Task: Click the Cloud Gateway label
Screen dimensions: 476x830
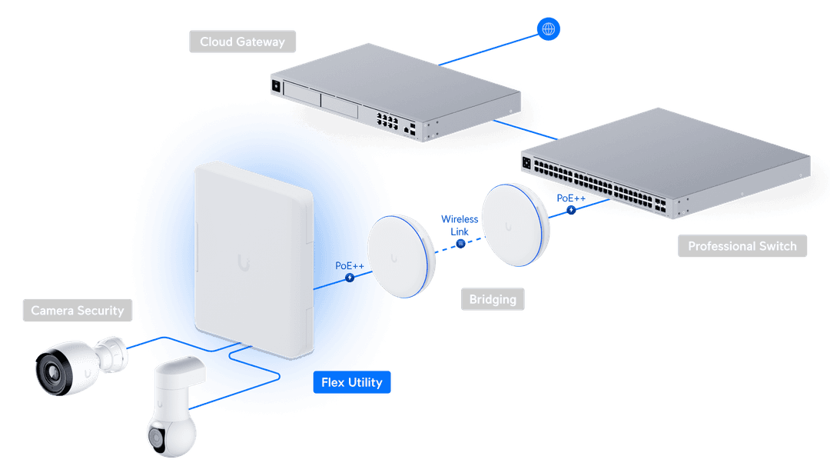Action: coord(242,42)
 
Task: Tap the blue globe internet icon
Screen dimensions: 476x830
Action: coord(548,29)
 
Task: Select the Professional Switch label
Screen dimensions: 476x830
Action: coord(742,246)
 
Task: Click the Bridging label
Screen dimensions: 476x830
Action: coord(493,298)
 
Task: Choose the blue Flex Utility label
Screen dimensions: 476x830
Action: coord(352,382)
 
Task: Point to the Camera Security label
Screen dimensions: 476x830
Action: coord(77,311)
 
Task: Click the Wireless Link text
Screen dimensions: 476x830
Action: coord(459,225)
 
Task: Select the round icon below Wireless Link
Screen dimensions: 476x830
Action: coord(460,244)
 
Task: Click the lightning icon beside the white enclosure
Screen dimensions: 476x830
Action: coord(350,277)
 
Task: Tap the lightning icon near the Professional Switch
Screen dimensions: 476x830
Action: coord(571,210)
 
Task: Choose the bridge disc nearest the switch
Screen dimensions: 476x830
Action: coord(516,225)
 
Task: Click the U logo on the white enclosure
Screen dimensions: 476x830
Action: coord(247,263)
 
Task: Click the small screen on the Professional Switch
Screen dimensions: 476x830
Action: coord(527,162)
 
